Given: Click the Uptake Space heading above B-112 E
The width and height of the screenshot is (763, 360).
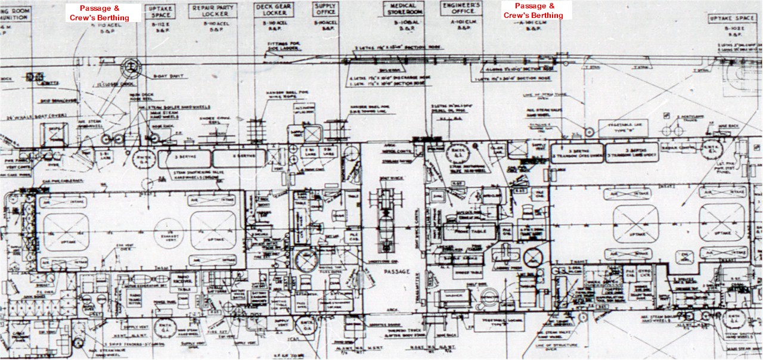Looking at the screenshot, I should (x=163, y=10).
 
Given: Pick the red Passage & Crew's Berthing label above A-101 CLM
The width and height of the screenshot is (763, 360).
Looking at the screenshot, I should (x=534, y=11).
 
